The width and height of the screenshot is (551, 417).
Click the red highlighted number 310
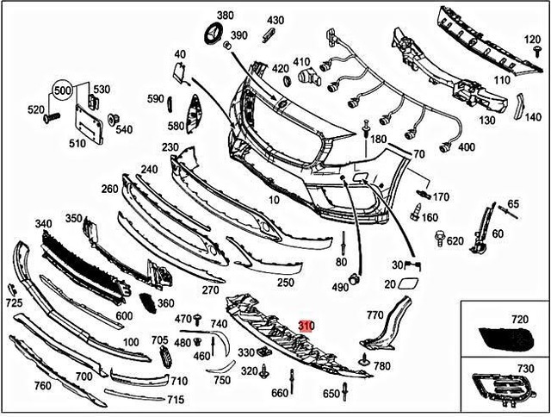307,327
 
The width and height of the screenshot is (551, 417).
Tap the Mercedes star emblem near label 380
210,35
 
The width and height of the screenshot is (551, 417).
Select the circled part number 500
63,90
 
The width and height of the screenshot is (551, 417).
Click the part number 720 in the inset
519,319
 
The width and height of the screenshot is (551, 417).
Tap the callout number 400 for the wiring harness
466,147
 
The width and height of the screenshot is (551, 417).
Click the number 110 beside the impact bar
501,79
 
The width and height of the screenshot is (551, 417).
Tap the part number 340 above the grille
43,224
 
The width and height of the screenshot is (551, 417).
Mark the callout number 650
331,393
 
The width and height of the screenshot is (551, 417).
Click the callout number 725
14,303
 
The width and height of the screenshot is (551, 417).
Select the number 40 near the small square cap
179,53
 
